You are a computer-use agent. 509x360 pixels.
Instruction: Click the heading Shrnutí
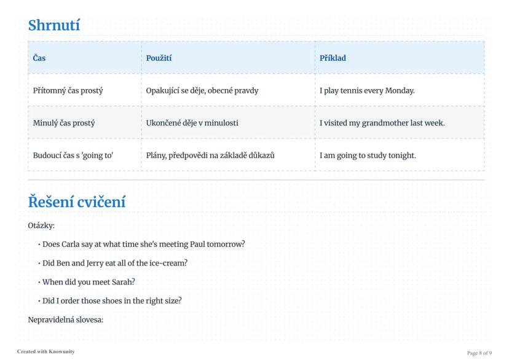click(54, 25)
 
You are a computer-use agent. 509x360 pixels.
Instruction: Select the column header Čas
click(39, 58)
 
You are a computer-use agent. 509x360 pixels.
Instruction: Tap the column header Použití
click(159, 58)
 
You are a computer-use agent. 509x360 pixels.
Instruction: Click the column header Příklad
click(333, 58)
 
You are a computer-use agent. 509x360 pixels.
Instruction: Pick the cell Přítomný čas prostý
click(68, 90)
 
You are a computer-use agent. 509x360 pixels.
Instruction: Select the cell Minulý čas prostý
click(64, 123)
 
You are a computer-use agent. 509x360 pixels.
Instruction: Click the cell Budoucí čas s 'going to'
click(73, 155)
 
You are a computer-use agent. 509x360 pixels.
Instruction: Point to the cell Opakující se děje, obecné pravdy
click(202, 90)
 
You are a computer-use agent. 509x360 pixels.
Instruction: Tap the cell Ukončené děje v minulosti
click(192, 123)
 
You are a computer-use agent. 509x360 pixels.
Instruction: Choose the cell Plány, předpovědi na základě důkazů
click(210, 155)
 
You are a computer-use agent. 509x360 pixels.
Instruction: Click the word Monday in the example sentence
click(400, 90)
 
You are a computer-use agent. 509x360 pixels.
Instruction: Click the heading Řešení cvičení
click(77, 202)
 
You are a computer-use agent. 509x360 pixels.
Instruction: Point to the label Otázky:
click(41, 225)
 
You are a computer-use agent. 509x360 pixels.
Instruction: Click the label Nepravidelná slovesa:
click(66, 320)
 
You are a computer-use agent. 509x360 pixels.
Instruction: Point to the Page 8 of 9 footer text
click(479, 353)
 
